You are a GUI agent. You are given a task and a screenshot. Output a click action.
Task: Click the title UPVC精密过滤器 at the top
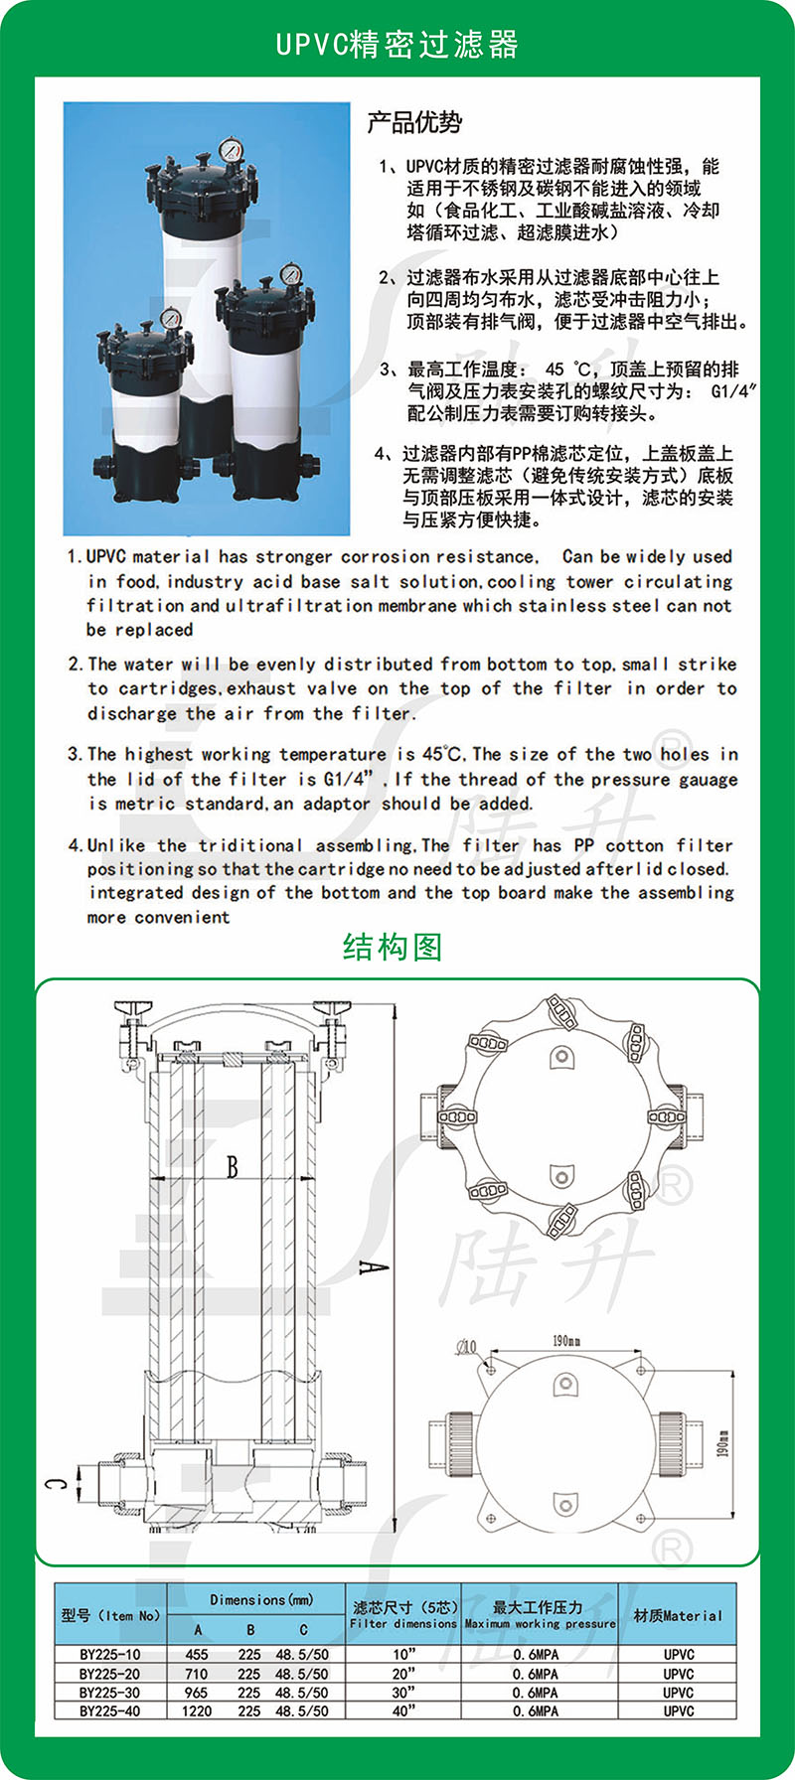tap(397, 45)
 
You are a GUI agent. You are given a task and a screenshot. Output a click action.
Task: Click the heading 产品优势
tap(414, 123)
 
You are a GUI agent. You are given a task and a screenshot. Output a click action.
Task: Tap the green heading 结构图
tap(392, 947)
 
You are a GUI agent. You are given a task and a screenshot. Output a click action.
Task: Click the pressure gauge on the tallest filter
tap(231, 150)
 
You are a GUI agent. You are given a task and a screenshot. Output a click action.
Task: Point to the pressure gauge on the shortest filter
tap(170, 320)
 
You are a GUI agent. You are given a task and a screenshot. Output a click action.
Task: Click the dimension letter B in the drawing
tap(232, 1166)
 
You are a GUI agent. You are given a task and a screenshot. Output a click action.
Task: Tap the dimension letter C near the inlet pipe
tap(58, 1485)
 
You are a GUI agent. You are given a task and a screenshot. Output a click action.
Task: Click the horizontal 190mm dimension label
tap(566, 1341)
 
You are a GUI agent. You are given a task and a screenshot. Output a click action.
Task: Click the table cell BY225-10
tap(109, 1655)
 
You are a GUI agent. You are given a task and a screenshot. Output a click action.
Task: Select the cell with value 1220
tap(197, 1711)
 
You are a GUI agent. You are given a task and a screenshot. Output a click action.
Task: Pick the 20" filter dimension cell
tap(403, 1674)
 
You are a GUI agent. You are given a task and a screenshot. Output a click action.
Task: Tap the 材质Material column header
tap(678, 1616)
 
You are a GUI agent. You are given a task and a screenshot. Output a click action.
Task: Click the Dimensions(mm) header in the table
tap(261, 1600)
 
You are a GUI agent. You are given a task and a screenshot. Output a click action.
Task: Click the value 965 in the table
tap(197, 1693)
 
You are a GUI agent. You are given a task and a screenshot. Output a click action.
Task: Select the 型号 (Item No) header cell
tap(109, 1616)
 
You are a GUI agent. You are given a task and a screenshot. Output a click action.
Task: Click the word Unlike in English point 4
tap(115, 845)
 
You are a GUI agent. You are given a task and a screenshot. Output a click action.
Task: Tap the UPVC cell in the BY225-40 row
tap(679, 1711)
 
